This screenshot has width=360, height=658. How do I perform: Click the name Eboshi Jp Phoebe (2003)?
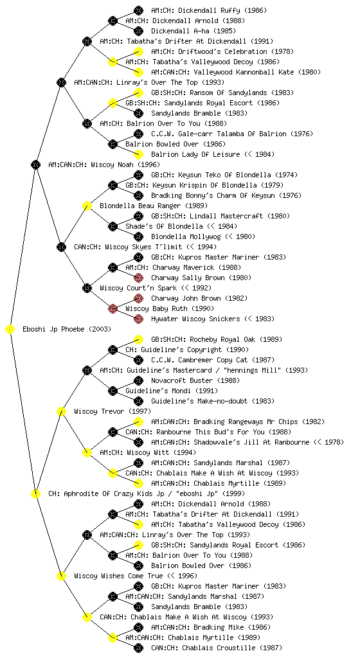[67, 330]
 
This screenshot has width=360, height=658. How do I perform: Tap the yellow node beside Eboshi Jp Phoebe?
[10, 330]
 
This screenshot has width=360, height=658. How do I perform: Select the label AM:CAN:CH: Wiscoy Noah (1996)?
[104, 165]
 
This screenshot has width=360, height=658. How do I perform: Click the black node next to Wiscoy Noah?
[35, 165]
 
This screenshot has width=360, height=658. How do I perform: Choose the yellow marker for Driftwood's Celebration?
[138, 51]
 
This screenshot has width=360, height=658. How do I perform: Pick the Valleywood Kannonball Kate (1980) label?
[236, 72]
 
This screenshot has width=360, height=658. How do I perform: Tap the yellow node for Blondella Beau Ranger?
[87, 206]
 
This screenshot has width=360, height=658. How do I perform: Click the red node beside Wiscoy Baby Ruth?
[113, 309]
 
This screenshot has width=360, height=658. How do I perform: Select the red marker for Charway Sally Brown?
[138, 278]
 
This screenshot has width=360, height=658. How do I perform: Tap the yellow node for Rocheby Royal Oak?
[138, 339]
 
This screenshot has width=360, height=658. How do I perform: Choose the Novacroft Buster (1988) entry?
[195, 380]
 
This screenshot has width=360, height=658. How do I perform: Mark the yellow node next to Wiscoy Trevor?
[61, 412]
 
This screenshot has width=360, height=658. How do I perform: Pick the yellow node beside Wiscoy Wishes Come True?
[61, 576]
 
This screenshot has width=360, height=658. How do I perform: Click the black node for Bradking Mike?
[138, 627]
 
